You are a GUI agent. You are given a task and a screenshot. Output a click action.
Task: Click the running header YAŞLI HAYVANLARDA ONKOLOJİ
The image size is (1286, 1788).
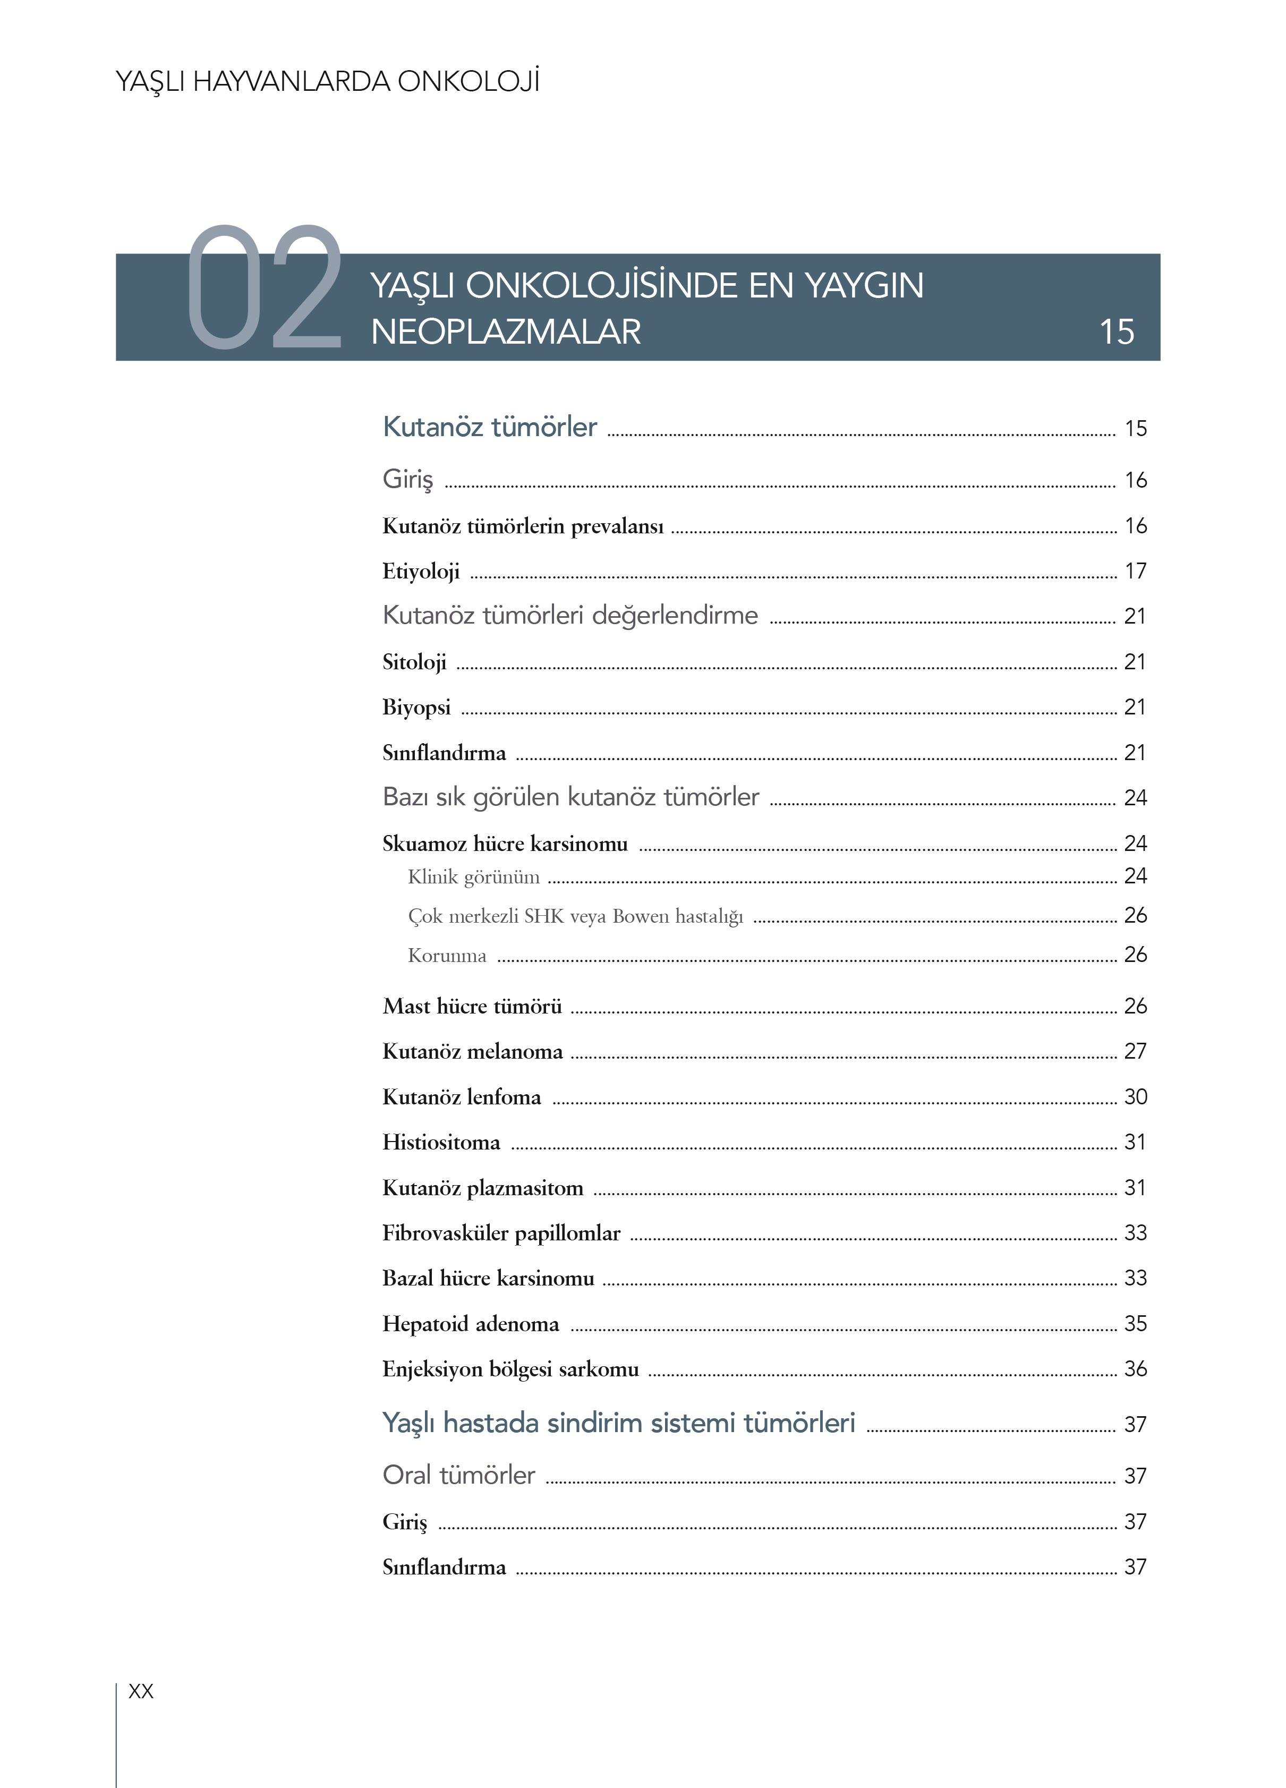pos(327,82)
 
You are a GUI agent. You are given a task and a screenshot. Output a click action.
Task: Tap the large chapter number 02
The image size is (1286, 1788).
pos(264,288)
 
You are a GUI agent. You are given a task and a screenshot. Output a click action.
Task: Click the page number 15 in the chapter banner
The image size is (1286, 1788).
pos(1117,332)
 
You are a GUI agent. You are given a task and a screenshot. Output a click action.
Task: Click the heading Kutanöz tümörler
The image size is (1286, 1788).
pos(490,427)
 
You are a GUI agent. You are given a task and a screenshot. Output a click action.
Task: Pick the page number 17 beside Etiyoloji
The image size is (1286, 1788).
pos(1135,571)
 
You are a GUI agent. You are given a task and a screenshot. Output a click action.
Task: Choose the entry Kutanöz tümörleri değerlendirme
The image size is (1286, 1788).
pos(570,615)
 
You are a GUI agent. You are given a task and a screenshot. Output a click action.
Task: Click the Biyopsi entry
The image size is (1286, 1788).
pos(416,707)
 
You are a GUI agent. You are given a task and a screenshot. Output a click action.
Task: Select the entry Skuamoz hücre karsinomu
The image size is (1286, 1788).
pos(505,844)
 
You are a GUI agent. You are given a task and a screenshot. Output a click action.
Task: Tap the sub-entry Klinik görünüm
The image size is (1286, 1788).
pos(474,876)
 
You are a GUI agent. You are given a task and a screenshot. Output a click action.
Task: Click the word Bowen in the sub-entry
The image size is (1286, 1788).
pos(640,916)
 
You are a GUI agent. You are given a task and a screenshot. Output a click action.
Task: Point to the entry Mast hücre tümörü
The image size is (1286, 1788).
pos(472,1006)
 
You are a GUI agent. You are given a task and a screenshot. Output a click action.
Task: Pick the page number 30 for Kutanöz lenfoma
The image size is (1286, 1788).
pos(1135,1096)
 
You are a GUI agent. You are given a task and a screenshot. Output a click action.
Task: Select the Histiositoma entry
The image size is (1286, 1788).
pos(441,1142)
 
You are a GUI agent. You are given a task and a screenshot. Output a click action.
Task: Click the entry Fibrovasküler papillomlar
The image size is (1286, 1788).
pos(501,1233)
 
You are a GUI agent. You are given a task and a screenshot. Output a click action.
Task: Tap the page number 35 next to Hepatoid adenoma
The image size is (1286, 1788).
pos(1135,1324)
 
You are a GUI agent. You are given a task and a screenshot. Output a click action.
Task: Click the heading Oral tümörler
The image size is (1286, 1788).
pos(459,1475)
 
